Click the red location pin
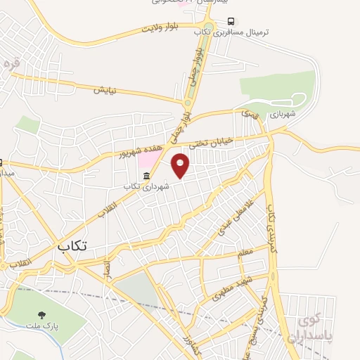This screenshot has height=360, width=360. (x=181, y=165)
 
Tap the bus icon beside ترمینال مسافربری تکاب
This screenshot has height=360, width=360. (x=231, y=21)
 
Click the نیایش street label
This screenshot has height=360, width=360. (x=105, y=90)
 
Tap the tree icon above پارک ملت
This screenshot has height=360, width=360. (x=43, y=316)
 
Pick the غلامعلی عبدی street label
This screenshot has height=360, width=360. (x=229, y=219)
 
